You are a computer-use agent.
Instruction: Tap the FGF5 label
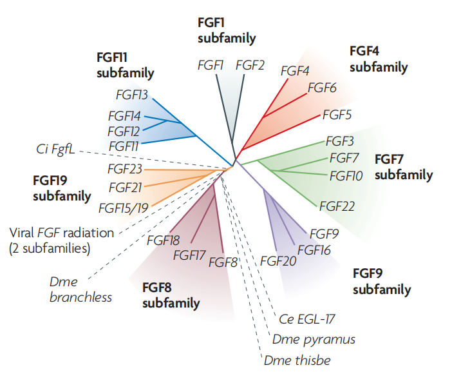[x=337, y=117]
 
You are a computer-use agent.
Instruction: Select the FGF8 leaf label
[x=224, y=262]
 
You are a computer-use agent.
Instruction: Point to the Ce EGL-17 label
[x=308, y=318]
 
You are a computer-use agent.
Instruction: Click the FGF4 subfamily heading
[x=379, y=59]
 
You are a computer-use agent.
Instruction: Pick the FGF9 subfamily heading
[x=382, y=281]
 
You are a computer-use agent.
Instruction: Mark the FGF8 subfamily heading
[x=171, y=295]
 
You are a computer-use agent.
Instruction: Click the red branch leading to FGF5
[x=293, y=126]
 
